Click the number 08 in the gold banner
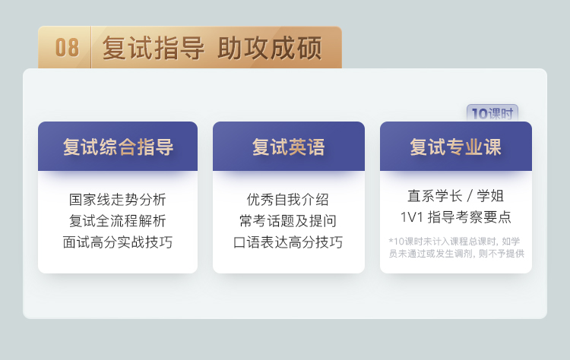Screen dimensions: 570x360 [67, 48]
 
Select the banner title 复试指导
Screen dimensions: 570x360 [154, 48]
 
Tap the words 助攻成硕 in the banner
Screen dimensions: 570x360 [270, 48]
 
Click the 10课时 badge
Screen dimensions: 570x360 [492, 113]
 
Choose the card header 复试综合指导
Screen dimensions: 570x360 [118, 147]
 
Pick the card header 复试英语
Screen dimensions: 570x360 [289, 147]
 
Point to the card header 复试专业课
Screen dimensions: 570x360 [456, 147]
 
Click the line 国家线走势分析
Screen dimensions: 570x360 [117, 200]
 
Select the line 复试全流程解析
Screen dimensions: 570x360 [117, 221]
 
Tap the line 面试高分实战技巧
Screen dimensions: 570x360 [117, 242]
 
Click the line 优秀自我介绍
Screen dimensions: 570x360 [287, 200]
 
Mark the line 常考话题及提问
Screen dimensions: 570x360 [287, 221]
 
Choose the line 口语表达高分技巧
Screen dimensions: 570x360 [287, 242]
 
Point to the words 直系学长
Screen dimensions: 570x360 [435, 196]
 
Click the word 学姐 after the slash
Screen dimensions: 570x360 [490, 196]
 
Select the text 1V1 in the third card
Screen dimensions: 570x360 [411, 217]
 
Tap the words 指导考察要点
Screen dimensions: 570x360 [470, 217]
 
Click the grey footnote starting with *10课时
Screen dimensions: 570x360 [456, 247]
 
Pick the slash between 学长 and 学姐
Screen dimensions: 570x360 [470, 196]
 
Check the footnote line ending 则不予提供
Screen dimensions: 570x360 [456, 253]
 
